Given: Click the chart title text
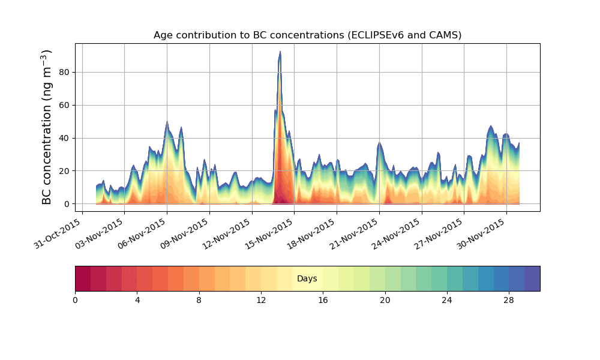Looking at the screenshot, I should click(307, 35).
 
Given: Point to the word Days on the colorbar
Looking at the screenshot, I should click(307, 279).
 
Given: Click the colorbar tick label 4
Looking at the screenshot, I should click(137, 300).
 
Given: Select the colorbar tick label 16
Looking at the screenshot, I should click(323, 300).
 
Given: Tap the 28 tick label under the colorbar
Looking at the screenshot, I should click(509, 300).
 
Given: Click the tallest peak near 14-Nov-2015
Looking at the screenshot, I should click(280, 52).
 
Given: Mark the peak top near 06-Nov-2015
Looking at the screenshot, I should click(167, 122).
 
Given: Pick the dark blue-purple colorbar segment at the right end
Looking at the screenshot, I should click(532, 278).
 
